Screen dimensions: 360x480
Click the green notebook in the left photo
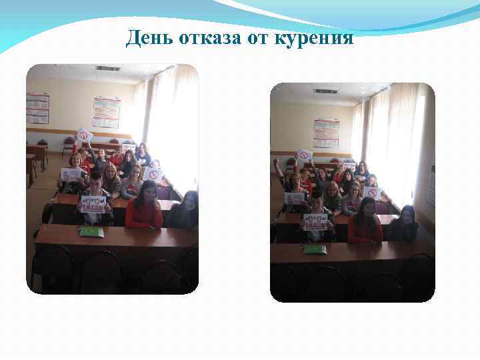coord(91,232)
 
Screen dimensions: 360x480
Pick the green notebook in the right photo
coord(315,249)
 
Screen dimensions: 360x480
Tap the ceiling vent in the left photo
coord(107,69)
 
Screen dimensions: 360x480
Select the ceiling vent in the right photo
coord(326,91)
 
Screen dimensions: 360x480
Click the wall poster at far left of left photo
coord(37,108)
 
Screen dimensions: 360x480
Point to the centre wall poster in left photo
coord(106,112)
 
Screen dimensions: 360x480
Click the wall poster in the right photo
coord(326,133)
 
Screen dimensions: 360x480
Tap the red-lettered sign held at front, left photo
coord(93,203)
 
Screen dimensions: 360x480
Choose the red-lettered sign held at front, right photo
coord(315,221)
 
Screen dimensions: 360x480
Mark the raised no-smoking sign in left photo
coord(85,135)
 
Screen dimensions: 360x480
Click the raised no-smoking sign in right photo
coord(305,155)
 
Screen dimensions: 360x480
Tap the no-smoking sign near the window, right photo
coord(373,193)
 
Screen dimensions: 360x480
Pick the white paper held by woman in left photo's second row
coord(71,175)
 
